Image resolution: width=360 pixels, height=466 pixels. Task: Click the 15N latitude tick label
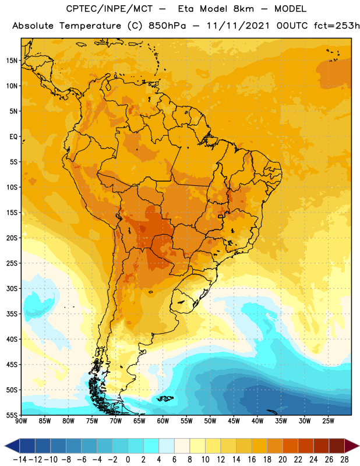click(12, 61)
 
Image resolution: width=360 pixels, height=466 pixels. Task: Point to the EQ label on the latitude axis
click(13, 137)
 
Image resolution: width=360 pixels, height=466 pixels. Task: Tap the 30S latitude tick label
click(12, 288)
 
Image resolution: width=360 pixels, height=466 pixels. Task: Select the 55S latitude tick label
click(12, 415)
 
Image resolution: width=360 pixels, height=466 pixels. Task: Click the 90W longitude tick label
click(21, 421)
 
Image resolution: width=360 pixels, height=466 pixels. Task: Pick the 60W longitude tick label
click(163, 421)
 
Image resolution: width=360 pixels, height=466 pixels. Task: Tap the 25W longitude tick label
click(328, 421)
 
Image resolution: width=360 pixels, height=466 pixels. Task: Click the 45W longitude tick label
click(234, 421)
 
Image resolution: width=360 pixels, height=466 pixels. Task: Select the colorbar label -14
click(20, 460)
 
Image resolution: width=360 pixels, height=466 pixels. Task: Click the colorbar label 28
click(344, 460)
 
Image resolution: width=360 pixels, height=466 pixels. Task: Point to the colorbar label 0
click(128, 460)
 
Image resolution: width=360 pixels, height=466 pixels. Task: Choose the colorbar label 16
click(252, 460)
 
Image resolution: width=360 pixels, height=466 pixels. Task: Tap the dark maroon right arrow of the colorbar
click(352, 446)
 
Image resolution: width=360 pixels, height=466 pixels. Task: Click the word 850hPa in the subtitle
click(167, 26)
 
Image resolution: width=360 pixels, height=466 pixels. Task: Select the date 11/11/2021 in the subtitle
click(238, 26)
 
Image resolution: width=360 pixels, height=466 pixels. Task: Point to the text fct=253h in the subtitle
click(337, 26)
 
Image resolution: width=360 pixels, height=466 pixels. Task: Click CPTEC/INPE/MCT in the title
click(109, 9)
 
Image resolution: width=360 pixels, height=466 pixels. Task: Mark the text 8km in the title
click(243, 9)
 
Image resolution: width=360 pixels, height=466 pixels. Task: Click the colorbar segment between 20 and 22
click(291, 446)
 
